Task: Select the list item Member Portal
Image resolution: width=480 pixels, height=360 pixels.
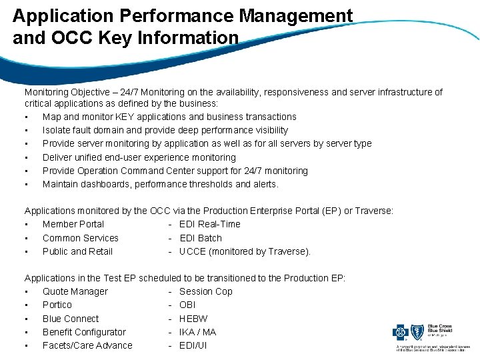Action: coord(73,224)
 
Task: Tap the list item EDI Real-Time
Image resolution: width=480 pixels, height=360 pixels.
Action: coord(209,224)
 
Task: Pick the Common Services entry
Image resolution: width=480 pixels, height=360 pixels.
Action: coord(80,238)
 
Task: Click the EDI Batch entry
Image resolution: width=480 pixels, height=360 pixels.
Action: coord(200,238)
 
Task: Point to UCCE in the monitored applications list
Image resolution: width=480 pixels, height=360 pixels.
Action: coord(193,251)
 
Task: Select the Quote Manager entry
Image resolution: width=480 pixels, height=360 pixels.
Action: coord(75,291)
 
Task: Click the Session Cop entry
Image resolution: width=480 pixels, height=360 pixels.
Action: coord(205,291)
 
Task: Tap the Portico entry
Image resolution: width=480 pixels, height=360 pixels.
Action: coord(57,305)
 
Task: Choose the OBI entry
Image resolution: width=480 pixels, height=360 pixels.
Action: coord(187,305)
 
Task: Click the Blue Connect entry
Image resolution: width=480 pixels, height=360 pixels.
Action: coord(70,319)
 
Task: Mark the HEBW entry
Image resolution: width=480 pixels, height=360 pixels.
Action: coord(193,319)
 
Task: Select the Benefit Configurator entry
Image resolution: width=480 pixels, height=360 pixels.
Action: coord(84,332)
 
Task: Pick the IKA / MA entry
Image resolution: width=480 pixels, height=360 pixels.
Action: coord(197,332)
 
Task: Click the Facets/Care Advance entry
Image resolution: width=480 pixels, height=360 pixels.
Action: coord(87,345)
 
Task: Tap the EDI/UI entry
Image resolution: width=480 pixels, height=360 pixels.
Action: coord(193,345)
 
